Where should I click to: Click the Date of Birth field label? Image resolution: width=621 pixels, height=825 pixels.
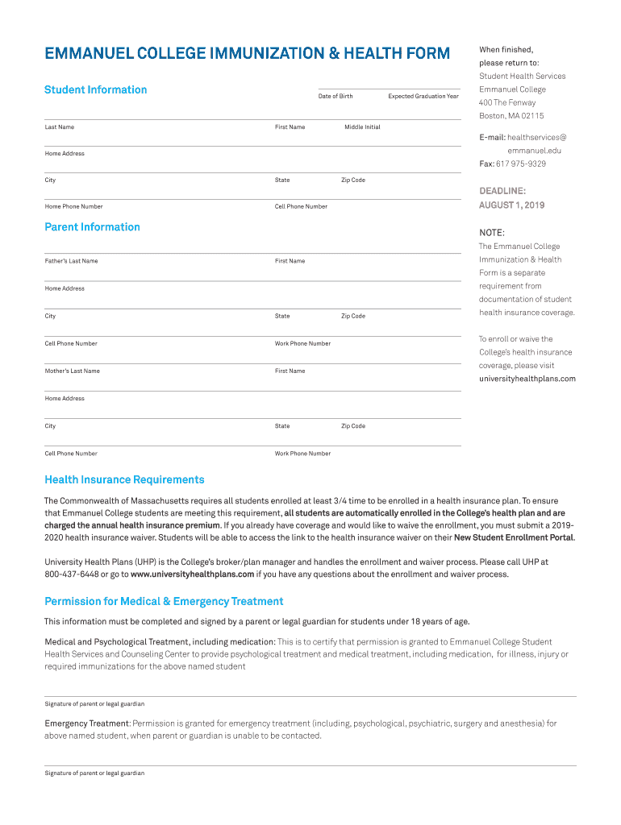pos(336,97)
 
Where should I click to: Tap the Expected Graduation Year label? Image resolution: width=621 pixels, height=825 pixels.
pos(423,97)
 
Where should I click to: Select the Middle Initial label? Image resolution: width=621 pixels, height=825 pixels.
pos(362,127)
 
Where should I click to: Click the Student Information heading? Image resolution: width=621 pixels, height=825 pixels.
pos(95,89)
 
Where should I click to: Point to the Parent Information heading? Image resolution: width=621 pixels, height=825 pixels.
pos(92,227)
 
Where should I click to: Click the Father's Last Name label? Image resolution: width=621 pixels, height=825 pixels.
pos(71,261)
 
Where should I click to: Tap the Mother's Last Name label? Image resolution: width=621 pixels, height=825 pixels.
pos(72,371)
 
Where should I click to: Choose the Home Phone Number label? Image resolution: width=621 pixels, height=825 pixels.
pos(73,207)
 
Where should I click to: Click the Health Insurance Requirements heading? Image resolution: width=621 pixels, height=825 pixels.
pos(124,480)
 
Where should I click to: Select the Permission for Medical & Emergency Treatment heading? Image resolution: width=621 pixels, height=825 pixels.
pos(164,602)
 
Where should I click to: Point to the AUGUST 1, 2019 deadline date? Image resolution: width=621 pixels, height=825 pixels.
pos(511,205)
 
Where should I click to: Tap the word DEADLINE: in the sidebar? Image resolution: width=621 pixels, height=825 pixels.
pos(502,191)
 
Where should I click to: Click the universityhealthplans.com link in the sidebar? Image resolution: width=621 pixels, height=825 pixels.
pos(527,379)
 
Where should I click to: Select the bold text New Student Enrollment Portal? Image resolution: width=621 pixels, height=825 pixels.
pos(514,537)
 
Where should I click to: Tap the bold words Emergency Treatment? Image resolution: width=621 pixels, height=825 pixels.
pos(86,723)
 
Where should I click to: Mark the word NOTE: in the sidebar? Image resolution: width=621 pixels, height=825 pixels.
pos(491,233)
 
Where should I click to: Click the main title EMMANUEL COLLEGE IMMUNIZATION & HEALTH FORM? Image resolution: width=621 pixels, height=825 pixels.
pos(247,54)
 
